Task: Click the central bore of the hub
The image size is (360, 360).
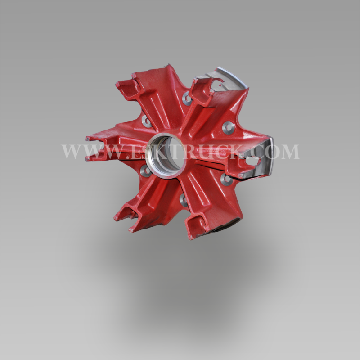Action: (x=166, y=156)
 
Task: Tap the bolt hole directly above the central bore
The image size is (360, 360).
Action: (x=187, y=99)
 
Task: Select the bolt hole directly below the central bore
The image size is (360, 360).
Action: (x=184, y=200)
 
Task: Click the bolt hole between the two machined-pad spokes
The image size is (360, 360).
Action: (x=229, y=128)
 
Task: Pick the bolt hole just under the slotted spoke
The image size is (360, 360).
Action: (x=227, y=179)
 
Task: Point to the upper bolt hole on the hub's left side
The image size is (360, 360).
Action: (x=147, y=121)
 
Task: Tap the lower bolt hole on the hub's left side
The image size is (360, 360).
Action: (x=145, y=171)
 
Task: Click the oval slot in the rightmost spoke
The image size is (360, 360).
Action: (x=253, y=161)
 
